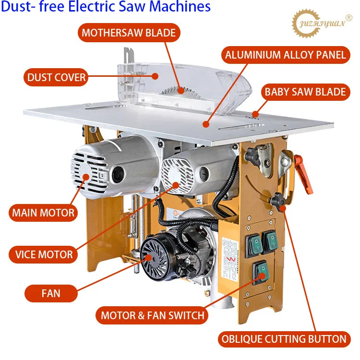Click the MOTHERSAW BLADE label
[129, 33]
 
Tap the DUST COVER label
[57, 76]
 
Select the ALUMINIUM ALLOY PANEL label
[286, 55]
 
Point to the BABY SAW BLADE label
[305, 92]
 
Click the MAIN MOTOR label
[43, 213]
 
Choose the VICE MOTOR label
[43, 254]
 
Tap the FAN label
[50, 292]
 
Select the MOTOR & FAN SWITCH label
[152, 315]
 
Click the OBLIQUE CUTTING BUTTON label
[284, 339]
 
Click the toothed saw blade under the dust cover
[180, 89]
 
